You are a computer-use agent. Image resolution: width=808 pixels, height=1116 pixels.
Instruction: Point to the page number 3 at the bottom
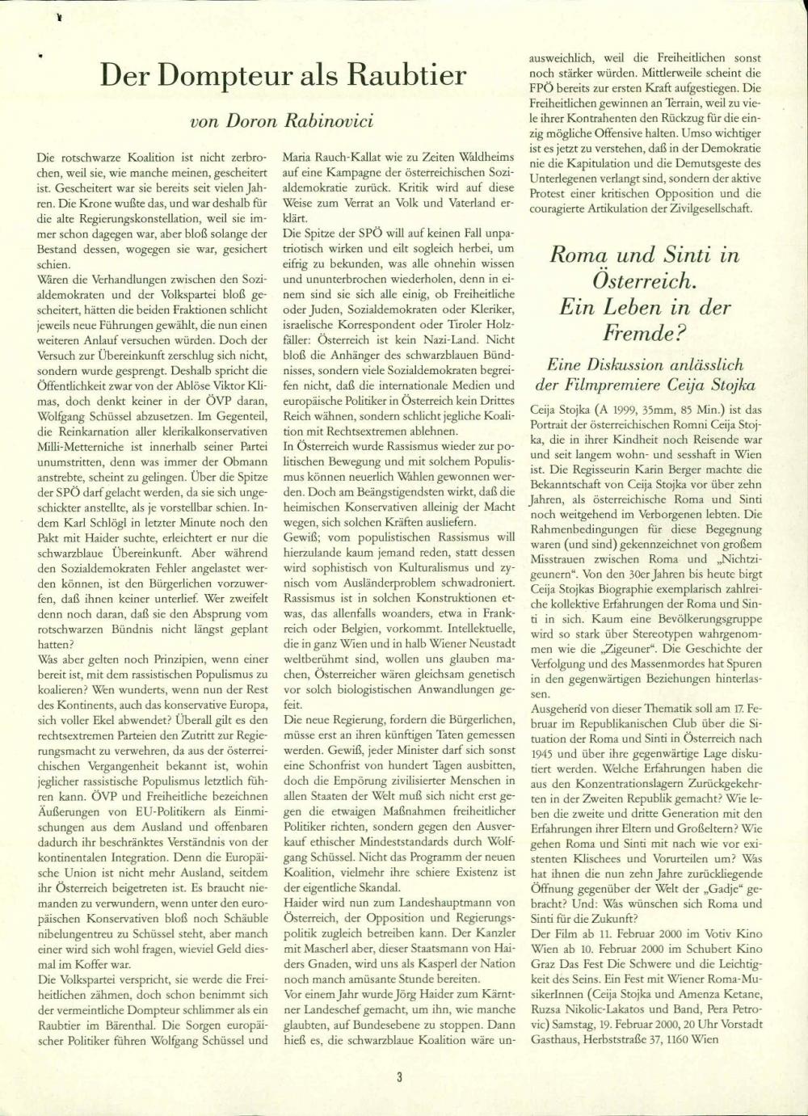pos(399,1076)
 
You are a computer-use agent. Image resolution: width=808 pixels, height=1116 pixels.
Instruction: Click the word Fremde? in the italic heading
pos(643,331)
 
